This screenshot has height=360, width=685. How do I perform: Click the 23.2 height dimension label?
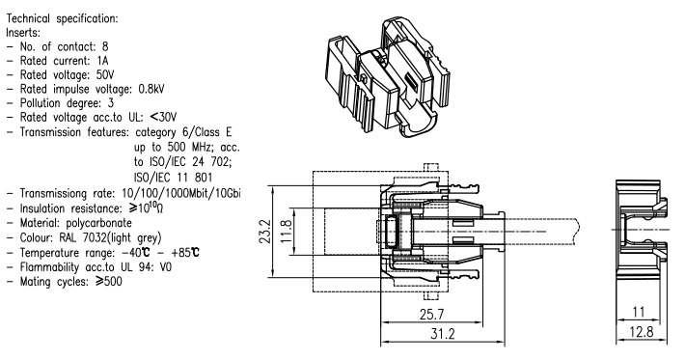(x=266, y=232)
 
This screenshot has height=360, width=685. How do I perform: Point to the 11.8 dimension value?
(x=286, y=232)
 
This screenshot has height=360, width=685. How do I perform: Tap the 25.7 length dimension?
(x=431, y=315)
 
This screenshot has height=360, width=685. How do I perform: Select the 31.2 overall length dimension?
(x=443, y=334)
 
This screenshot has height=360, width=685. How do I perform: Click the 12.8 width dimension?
(x=642, y=332)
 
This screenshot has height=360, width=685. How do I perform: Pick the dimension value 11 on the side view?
(x=639, y=313)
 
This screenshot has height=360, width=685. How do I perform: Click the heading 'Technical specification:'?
(x=62, y=18)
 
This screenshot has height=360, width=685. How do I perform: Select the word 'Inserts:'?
(x=23, y=33)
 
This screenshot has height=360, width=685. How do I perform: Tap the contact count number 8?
(x=105, y=46)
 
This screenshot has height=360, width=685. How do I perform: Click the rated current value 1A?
(x=102, y=61)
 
